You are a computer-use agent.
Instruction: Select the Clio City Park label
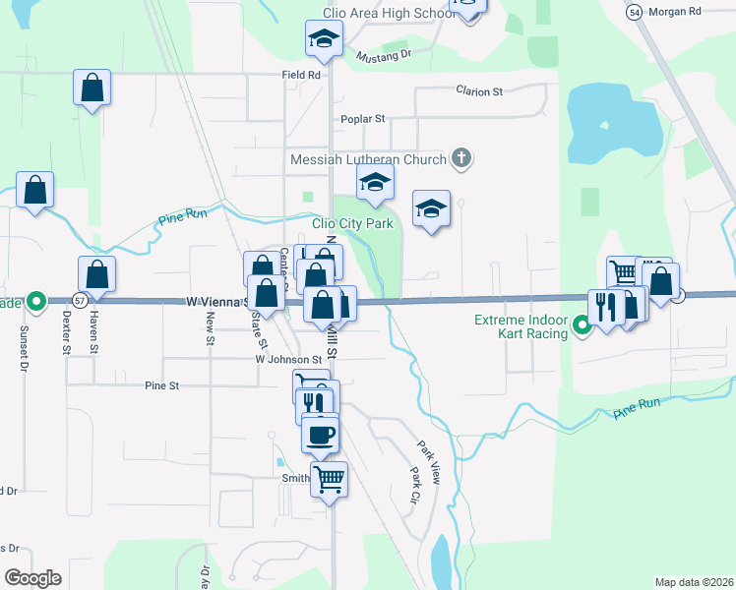(352, 224)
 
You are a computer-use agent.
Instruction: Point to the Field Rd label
(300, 75)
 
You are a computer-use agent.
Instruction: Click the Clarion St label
(478, 91)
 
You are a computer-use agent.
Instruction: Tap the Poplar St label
(362, 119)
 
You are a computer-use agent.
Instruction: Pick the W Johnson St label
(288, 359)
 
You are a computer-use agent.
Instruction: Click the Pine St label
(161, 386)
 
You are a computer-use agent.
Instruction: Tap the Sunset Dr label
(23, 350)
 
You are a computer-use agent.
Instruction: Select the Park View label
(426, 460)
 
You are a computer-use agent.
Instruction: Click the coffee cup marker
(319, 434)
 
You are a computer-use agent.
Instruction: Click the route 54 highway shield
(635, 10)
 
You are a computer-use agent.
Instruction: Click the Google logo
(32, 578)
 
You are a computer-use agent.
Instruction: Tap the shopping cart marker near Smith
(330, 480)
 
